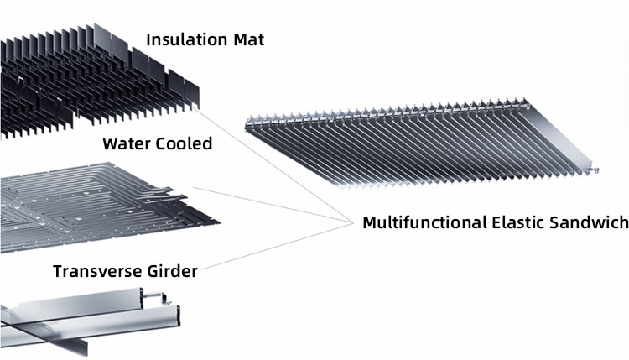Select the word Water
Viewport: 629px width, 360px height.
click(127, 143)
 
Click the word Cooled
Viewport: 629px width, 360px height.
click(185, 143)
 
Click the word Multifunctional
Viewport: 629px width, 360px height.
click(423, 222)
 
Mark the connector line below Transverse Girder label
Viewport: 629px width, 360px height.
click(277, 247)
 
